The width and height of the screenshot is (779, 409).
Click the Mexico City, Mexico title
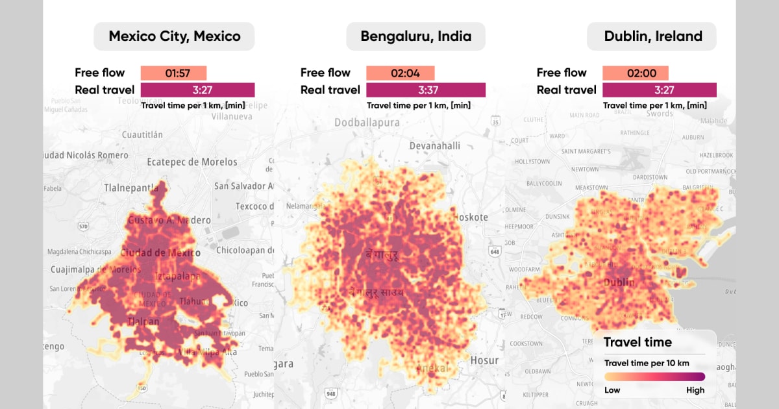point(174,36)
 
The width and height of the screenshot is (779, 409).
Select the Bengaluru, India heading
point(415,36)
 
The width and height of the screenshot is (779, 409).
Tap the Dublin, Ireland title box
point(652,36)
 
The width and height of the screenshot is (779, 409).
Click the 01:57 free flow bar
point(173,73)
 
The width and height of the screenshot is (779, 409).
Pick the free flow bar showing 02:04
point(400,73)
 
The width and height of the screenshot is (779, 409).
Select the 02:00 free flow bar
point(635,73)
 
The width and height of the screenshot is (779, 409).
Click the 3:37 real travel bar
point(426,90)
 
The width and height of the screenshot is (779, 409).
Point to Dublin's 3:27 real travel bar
point(660,90)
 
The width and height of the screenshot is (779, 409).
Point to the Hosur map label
point(484,360)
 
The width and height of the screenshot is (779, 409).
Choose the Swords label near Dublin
point(660,114)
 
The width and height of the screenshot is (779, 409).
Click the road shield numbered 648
point(496,251)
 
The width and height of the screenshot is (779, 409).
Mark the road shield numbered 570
point(83,227)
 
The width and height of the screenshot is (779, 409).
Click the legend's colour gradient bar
point(654,377)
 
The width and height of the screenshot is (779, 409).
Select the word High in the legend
point(695,390)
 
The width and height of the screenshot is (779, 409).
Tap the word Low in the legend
point(612,390)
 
